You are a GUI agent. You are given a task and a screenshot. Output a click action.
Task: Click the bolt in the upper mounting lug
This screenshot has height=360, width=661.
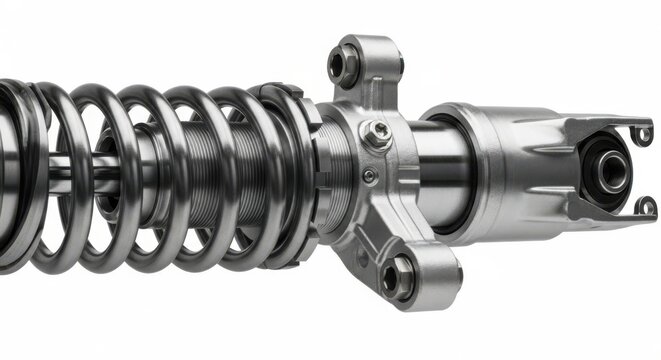345,66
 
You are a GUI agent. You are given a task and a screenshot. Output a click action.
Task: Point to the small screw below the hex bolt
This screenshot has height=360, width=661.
369,176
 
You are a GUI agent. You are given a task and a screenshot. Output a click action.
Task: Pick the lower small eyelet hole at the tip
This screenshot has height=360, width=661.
646,207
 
